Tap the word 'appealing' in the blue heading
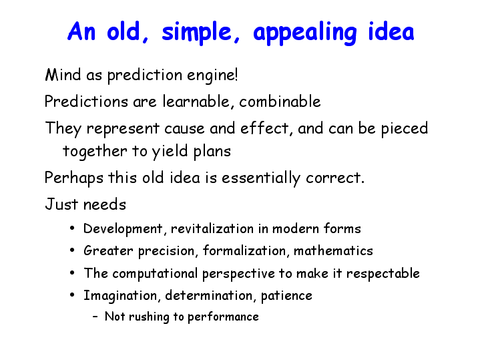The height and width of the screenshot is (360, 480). point(305,33)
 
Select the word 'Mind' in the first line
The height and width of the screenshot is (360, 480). point(63,75)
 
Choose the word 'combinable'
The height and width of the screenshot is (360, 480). point(280,102)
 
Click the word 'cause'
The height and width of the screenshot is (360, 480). point(184,129)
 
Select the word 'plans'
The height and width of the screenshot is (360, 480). point(212,152)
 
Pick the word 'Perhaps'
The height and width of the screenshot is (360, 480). point(73,178)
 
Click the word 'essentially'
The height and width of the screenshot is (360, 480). point(261,178)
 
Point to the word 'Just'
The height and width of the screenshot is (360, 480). point(61,204)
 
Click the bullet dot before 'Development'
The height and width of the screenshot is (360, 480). point(72,228)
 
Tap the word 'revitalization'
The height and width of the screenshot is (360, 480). point(212,229)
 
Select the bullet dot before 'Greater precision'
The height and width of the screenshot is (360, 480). point(72,250)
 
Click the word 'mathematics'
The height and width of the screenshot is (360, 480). point(333,251)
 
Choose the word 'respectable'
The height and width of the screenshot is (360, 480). point(383,274)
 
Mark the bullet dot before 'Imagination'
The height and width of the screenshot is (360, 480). point(72,295)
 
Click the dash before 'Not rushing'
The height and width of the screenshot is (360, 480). point(95,317)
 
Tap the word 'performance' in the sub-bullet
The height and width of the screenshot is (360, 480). point(223,317)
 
